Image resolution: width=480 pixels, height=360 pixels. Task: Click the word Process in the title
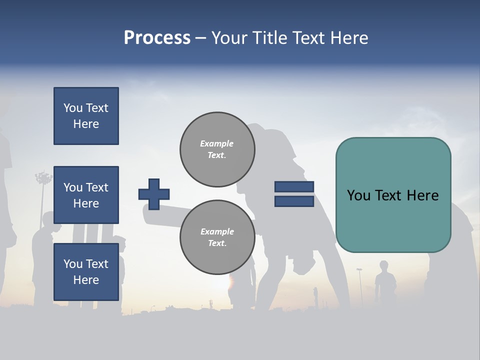[x=157, y=38]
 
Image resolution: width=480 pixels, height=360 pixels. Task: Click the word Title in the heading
[x=269, y=38]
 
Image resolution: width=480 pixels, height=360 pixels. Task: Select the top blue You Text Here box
[x=86, y=116]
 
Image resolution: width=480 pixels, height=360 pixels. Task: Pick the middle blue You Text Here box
[x=86, y=195]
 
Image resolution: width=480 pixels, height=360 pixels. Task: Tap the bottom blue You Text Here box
[x=86, y=272]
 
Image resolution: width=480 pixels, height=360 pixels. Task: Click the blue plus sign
[x=154, y=194]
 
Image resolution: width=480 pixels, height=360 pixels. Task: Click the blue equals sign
[x=294, y=194]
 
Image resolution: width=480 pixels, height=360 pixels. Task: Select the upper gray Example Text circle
[x=217, y=149]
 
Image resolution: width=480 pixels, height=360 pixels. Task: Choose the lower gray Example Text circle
[x=217, y=237]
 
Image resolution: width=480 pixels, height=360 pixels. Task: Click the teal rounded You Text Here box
[x=393, y=195]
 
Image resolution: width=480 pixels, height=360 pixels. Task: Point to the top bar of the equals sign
[x=294, y=187]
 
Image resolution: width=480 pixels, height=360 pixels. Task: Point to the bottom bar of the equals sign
[x=294, y=201]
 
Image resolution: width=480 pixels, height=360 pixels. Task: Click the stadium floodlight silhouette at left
[x=43, y=178]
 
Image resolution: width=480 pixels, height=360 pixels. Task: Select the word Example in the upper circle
[x=217, y=144]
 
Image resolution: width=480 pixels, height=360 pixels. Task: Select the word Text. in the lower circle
[x=217, y=243]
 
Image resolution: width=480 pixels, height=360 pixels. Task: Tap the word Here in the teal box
[x=422, y=195]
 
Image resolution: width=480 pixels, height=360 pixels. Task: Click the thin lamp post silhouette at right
[x=359, y=285]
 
